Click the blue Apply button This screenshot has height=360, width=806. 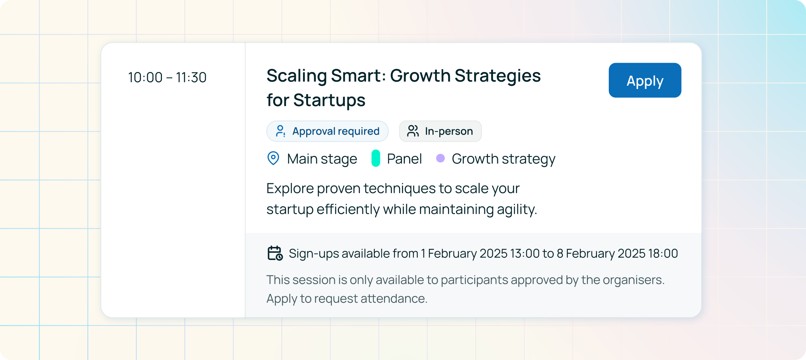pyautogui.click(x=645, y=80)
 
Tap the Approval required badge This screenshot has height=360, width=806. pyautogui.click(x=327, y=131)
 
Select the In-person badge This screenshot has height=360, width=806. pyautogui.click(x=440, y=131)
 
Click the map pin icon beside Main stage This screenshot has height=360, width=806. pyautogui.click(x=273, y=158)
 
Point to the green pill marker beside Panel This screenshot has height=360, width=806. pyautogui.click(x=376, y=158)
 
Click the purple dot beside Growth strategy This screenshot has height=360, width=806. pyautogui.click(x=440, y=158)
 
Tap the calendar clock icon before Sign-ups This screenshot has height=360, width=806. pyautogui.click(x=275, y=253)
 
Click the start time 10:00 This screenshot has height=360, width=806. pyautogui.click(x=145, y=77)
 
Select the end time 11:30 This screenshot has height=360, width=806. pyautogui.click(x=191, y=77)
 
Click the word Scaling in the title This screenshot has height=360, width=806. pyautogui.click(x=296, y=76)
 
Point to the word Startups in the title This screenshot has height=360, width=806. pyautogui.click(x=329, y=100)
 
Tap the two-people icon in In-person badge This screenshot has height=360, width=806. pyautogui.click(x=413, y=131)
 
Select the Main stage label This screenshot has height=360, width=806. pyautogui.click(x=322, y=159)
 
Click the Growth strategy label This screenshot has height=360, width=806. pyautogui.click(x=503, y=159)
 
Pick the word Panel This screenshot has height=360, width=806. pyautogui.click(x=404, y=159)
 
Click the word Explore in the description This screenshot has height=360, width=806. pyautogui.click(x=290, y=189)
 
